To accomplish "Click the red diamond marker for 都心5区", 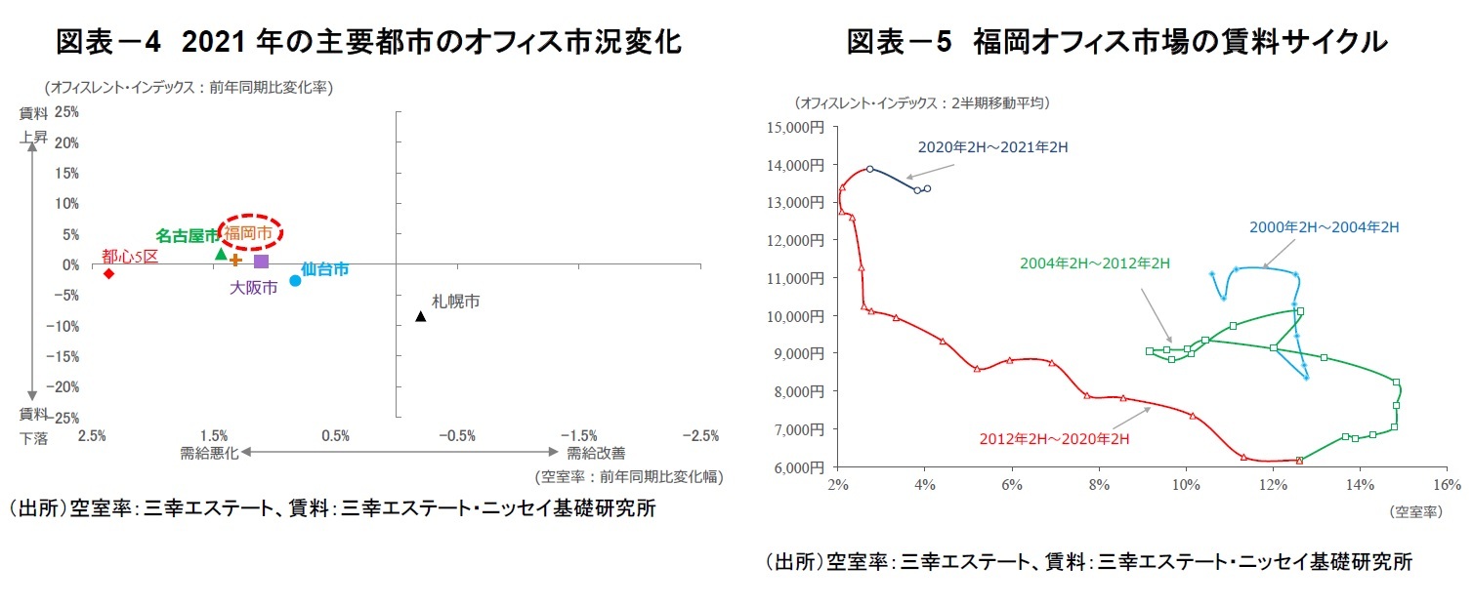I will click(108, 273).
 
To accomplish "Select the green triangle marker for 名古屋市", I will click(221, 254).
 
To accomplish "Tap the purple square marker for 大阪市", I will click(261, 261).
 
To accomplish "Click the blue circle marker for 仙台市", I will click(295, 281).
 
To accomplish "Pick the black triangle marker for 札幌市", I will click(420, 316).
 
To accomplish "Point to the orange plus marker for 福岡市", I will click(235, 260).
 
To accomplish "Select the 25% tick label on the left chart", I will click(66, 112).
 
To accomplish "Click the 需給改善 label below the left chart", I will click(596, 453).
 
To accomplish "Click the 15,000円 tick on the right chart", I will click(796, 127).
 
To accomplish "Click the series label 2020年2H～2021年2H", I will click(992, 147).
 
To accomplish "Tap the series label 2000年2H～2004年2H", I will click(1324, 227).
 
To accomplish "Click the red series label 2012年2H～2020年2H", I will click(1054, 439).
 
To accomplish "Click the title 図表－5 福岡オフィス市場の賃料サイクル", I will click(1115, 42).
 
